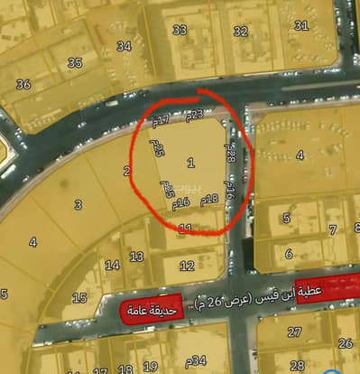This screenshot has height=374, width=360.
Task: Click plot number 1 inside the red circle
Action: (x=190, y=163)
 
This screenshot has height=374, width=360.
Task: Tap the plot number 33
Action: (x=180, y=30)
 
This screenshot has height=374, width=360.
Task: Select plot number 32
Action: (x=240, y=32)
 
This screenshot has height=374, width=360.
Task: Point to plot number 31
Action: (x=300, y=24)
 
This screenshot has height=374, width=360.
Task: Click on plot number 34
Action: (x=124, y=46)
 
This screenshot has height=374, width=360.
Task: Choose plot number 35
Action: (x=75, y=62)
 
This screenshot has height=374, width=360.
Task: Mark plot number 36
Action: (x=23, y=84)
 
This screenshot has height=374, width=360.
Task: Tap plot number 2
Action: (x=126, y=170)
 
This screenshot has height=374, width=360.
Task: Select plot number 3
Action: (x=78, y=205)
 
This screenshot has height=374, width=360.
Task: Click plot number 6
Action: (x=289, y=254)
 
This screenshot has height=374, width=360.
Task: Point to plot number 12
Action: (x=187, y=265)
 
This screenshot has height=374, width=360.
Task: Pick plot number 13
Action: (x=136, y=257)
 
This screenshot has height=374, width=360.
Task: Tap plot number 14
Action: (x=112, y=265)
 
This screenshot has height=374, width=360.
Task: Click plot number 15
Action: (x=79, y=297)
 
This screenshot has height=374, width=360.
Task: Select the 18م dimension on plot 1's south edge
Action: (x=209, y=199)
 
